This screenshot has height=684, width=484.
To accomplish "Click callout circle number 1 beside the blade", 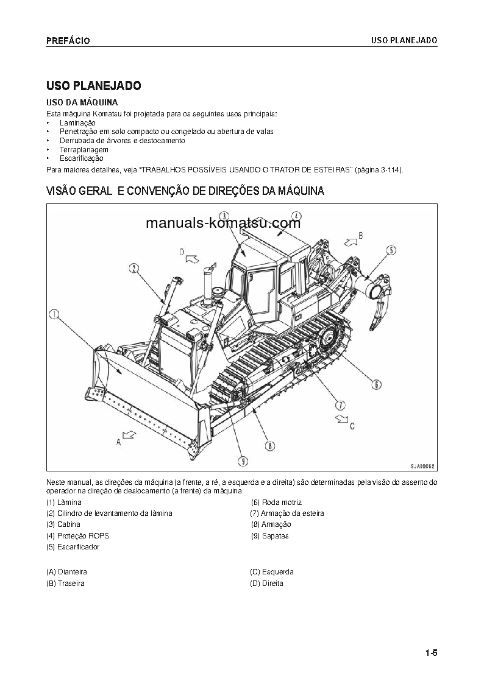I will point(54,314).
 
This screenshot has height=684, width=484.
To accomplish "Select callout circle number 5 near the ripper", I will point(391,249).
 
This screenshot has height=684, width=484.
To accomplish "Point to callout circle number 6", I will point(376,384).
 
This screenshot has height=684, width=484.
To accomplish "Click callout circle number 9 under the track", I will point(242,460).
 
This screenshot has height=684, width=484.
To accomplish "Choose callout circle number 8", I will point(269,445).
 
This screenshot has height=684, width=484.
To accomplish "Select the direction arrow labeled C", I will point(341,419).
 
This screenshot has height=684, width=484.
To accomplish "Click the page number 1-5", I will point(432,654).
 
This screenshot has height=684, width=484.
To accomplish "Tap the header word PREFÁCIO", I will point(68,41).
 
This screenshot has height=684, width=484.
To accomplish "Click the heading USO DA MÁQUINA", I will point(82,102).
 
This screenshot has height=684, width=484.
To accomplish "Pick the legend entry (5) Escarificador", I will point(73,547).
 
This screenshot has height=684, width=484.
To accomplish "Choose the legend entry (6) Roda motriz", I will point(274,502).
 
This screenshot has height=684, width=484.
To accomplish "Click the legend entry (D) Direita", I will point(266,584).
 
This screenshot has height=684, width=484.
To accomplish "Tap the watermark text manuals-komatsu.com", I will point(223,223).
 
